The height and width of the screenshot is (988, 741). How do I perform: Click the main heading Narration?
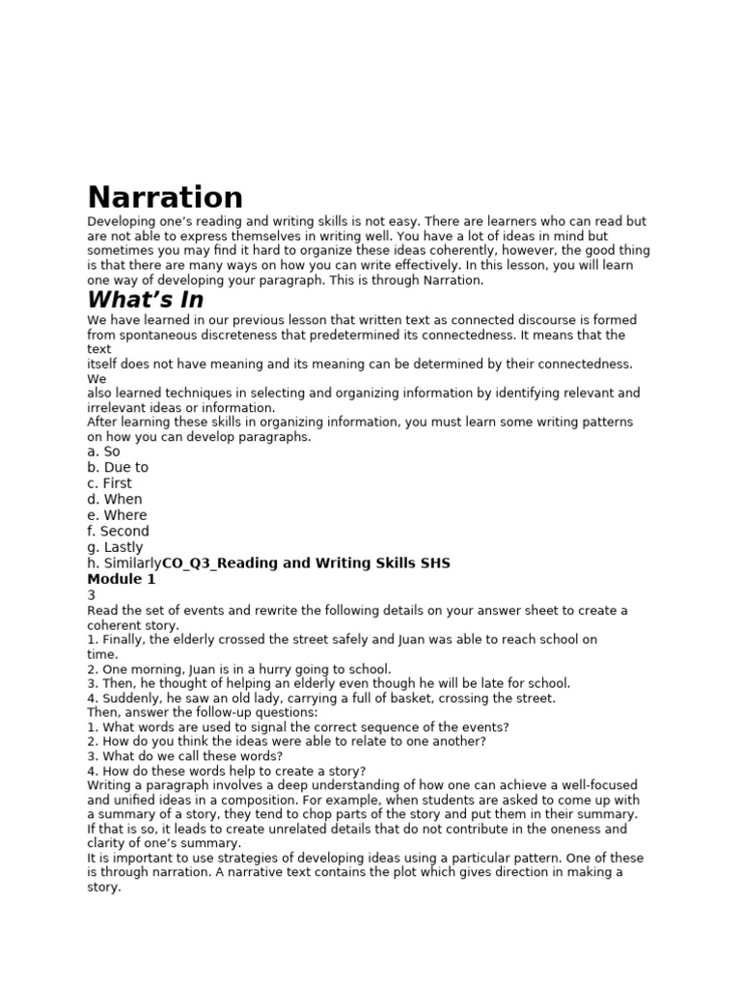[165, 197]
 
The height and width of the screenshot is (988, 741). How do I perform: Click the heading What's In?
[146, 299]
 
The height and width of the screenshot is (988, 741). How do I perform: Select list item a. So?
[103, 452]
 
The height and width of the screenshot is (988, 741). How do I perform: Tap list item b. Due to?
[118, 467]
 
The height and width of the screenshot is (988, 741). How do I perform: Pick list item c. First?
[109, 483]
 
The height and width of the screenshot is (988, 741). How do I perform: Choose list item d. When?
[114, 499]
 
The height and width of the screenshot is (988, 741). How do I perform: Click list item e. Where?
[117, 515]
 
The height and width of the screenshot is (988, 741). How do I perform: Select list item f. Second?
[118, 531]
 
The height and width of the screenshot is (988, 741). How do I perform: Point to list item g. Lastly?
[114, 547]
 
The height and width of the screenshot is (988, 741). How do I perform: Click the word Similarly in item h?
[130, 563]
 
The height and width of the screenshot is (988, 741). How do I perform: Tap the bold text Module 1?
[122, 579]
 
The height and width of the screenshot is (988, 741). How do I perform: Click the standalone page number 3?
[91, 595]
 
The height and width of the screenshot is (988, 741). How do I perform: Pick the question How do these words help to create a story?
[226, 771]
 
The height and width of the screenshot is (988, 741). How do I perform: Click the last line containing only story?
[103, 887]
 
